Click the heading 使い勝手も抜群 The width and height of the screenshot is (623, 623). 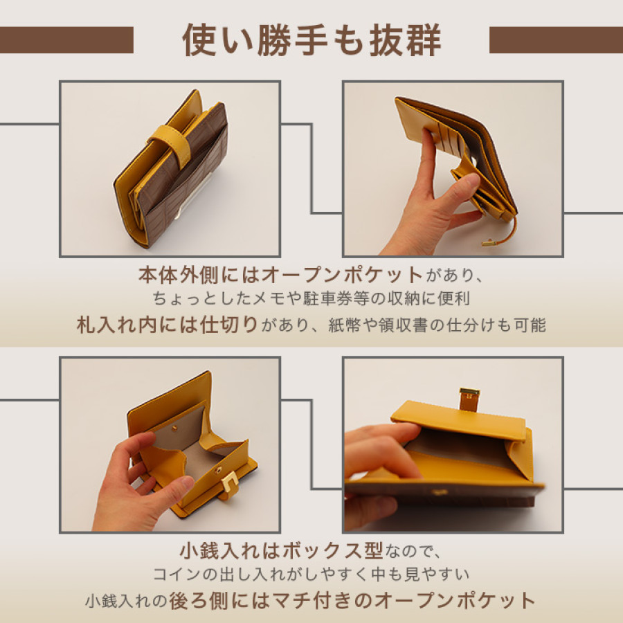click(x=311, y=40)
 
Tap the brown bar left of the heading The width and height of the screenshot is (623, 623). click(x=66, y=40)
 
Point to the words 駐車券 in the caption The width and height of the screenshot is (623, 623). click(x=341, y=300)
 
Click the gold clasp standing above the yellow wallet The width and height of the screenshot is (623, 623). click(x=469, y=398)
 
